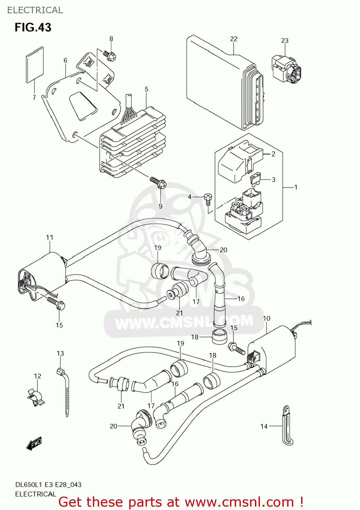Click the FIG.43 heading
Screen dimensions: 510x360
(x=33, y=27)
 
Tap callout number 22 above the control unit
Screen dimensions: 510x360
(x=233, y=39)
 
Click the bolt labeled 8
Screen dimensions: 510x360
(x=110, y=55)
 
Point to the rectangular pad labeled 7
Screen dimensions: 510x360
(x=35, y=65)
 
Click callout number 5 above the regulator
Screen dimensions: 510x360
(x=146, y=89)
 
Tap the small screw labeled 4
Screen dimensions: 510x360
(x=208, y=198)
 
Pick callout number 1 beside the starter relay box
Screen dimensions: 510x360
(x=295, y=187)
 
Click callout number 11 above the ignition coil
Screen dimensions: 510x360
(x=50, y=237)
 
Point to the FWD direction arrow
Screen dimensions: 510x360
(x=34, y=443)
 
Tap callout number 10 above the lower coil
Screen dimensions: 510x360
(x=266, y=318)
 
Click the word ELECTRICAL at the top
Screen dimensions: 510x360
(x=35, y=10)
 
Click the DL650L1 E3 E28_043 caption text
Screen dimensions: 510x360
(x=48, y=485)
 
